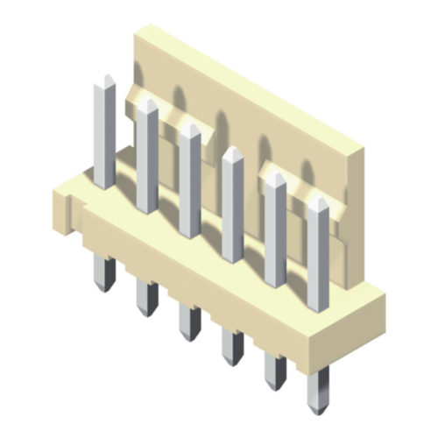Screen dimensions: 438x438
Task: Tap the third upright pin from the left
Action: [x=189, y=184]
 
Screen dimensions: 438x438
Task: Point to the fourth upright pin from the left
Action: [x=232, y=210]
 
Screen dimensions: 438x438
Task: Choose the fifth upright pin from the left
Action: [x=275, y=232]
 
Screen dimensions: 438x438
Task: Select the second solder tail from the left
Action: [x=145, y=298]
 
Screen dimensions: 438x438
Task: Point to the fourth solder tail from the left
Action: [x=232, y=346]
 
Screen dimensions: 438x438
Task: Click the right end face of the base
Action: [x=378, y=311]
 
